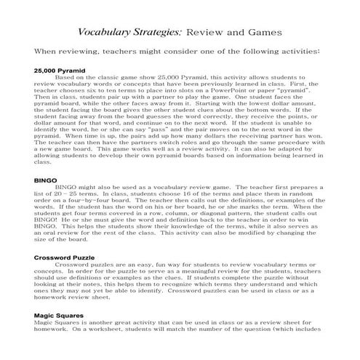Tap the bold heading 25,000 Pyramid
coord(60,71)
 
